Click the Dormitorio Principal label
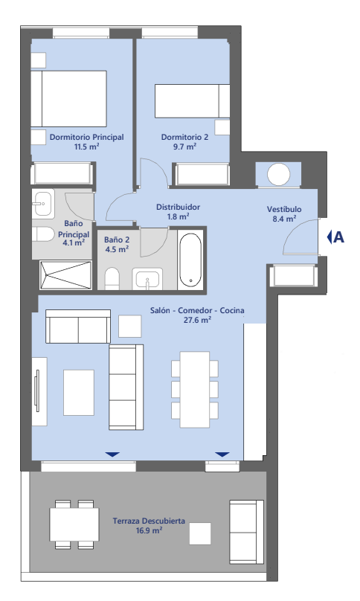86,137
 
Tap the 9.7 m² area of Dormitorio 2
184,147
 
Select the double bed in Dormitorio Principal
68,98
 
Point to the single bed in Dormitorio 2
192,101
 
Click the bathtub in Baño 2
190,260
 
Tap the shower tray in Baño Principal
65,274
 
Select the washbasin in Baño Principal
42,204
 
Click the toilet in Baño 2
112,278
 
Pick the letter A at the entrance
338,237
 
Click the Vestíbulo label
284,209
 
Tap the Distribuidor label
178,207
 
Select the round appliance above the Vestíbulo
278,175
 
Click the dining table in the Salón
195,390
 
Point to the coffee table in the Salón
79,393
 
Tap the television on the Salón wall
37,391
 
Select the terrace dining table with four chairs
74,524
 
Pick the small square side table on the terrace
200,533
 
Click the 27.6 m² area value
197,320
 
